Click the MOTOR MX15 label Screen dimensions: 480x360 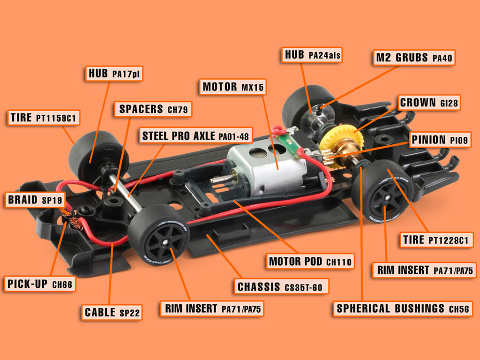[x=232, y=87]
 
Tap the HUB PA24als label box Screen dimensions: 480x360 [x=312, y=55]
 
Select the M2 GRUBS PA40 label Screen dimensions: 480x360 [x=414, y=58]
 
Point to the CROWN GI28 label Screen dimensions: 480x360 [x=429, y=103]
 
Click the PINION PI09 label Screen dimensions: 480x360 [x=440, y=140]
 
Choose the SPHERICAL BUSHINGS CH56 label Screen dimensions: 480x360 [x=403, y=308]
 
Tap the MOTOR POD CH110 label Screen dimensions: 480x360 [x=310, y=262]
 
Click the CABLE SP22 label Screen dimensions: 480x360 [x=112, y=312]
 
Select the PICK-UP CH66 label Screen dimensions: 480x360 [x=39, y=284]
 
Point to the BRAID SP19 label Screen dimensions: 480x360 [x=35, y=200]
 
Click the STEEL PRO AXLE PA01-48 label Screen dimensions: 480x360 [x=195, y=135]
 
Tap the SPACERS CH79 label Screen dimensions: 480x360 [x=153, y=109]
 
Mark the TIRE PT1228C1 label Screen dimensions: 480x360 [x=435, y=240]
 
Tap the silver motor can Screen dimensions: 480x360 [x=266, y=170]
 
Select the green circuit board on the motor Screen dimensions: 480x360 [x=288, y=143]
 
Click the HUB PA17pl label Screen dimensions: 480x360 [x=113, y=74]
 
